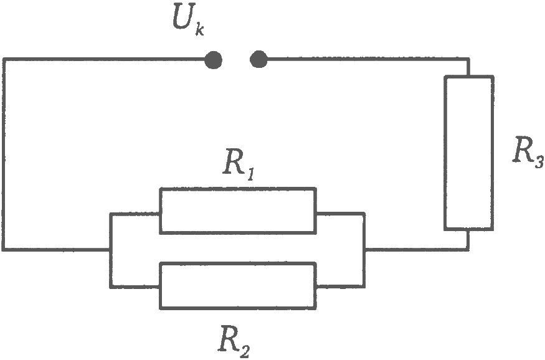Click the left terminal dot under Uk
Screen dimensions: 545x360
pyautogui.click(x=213, y=60)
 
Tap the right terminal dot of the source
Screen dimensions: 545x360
pyautogui.click(x=258, y=59)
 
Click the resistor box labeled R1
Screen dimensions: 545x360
pyautogui.click(x=238, y=211)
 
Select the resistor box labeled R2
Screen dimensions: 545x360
pyautogui.click(x=238, y=286)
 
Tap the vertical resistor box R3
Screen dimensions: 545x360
pyautogui.click(x=469, y=153)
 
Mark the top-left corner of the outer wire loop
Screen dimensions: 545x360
pyautogui.click(x=4, y=60)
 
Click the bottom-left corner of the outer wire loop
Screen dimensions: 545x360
pyautogui.click(x=4, y=249)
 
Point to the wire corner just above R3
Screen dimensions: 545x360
pyautogui.click(x=468, y=59)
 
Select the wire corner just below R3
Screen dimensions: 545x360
pyautogui.click(x=468, y=249)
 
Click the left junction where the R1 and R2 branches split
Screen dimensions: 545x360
pyautogui.click(x=111, y=249)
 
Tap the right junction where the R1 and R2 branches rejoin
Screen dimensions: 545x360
pyautogui.click(x=364, y=249)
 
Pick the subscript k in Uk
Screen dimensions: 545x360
pyautogui.click(x=199, y=30)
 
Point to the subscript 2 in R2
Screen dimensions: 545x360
pyautogui.click(x=245, y=351)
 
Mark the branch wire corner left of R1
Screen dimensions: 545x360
pyautogui.click(x=111, y=214)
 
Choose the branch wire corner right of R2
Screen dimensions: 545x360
pyautogui.click(x=364, y=287)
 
